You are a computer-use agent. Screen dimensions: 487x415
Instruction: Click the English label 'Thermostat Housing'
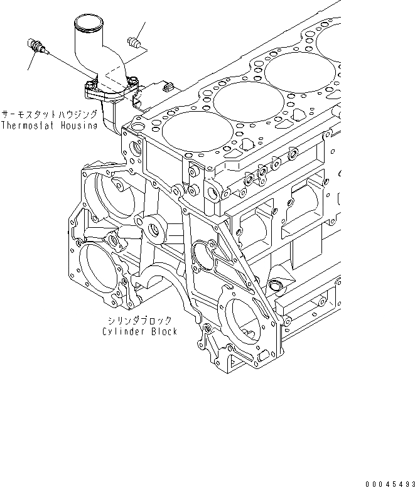tap(49, 126)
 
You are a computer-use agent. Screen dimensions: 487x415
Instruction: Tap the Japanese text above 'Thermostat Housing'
tap(49, 115)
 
